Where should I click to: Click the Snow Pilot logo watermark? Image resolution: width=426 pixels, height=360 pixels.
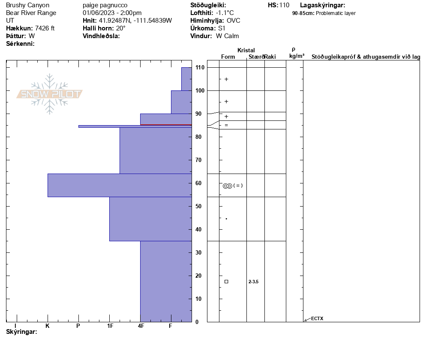(50, 94)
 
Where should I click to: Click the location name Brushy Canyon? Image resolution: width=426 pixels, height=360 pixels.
(28, 5)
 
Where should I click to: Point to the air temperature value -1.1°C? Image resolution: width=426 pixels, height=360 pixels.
(225, 13)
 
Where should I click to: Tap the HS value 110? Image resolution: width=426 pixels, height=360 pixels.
(284, 5)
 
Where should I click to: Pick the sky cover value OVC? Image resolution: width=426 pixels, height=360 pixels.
(234, 21)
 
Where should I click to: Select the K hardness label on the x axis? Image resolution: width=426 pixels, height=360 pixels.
(48, 326)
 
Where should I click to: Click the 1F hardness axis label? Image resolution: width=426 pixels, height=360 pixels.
(110, 326)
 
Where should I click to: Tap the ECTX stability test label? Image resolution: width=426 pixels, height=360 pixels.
(317, 318)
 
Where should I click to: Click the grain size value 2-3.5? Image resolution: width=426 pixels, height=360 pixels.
(253, 282)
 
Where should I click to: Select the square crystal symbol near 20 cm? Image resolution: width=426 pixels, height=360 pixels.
(226, 282)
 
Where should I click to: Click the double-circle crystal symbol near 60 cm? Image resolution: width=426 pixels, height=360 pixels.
(227, 186)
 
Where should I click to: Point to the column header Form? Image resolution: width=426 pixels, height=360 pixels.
(228, 57)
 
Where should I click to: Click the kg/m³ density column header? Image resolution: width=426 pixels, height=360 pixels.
(297, 56)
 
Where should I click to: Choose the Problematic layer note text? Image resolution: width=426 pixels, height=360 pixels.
(336, 13)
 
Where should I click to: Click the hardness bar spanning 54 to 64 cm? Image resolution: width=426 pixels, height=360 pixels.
(120, 185)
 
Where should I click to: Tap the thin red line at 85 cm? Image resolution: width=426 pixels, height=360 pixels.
(166, 125)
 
